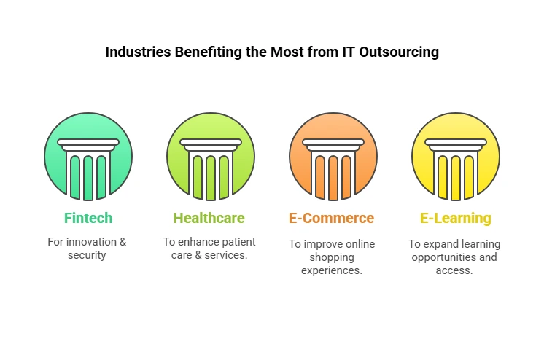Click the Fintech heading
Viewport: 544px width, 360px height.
[x=88, y=218]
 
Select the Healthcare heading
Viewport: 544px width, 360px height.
[x=209, y=218]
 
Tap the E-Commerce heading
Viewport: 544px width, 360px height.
[x=333, y=218]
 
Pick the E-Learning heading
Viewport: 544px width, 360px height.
[x=455, y=218]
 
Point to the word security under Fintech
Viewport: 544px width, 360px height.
[x=88, y=256]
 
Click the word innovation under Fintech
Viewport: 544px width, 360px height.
[x=93, y=242]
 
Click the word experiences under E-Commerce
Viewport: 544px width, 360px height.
[x=332, y=270]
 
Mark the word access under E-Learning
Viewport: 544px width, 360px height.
[x=455, y=270]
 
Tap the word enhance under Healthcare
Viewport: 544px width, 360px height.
[x=198, y=242]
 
